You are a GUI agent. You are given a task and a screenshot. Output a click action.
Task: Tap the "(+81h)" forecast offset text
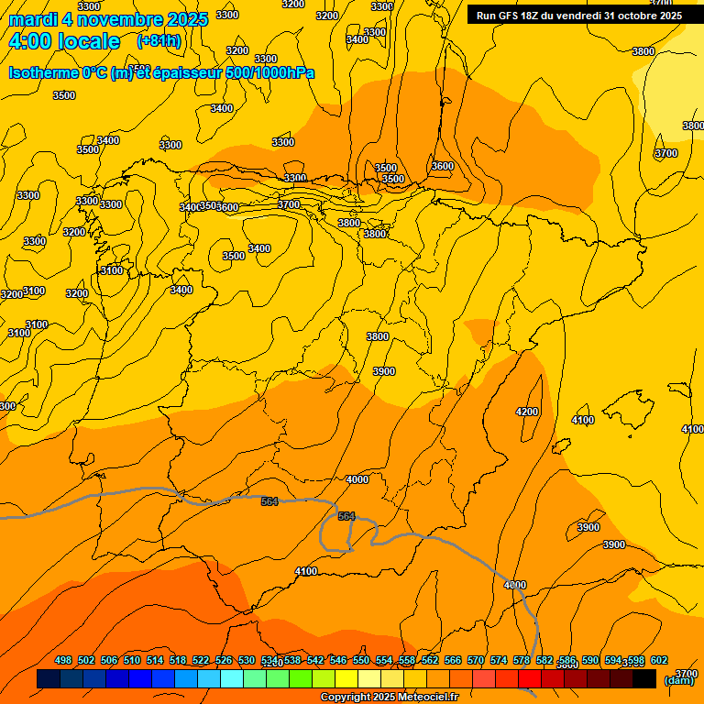coord(159,41)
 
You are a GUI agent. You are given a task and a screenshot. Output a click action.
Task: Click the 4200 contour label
coord(527,412)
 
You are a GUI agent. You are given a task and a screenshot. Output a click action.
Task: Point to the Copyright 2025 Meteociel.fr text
coord(389,698)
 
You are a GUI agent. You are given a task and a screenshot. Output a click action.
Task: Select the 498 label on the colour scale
coord(63,661)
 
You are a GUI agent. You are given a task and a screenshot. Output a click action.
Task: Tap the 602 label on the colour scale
coord(659,661)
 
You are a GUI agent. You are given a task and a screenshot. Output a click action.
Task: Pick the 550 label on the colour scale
coord(361,661)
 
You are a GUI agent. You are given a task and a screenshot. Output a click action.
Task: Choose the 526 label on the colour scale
coord(224,661)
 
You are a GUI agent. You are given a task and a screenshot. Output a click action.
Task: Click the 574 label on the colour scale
coord(499,661)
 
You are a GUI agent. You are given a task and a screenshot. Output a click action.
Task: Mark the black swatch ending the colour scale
coord(644,679)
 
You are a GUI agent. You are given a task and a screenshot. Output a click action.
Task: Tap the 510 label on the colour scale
coord(132,661)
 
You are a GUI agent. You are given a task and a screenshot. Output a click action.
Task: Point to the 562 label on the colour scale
coord(430,661)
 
